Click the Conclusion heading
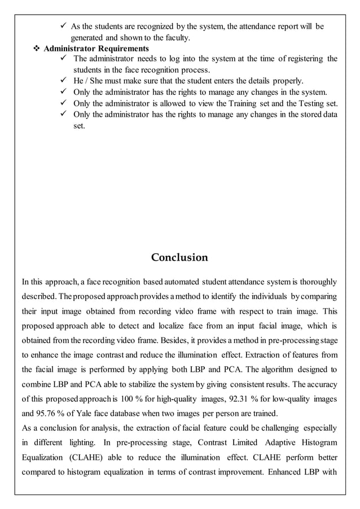click(x=179, y=258)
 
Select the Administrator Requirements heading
click(x=96, y=49)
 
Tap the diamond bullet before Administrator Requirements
click(x=37, y=49)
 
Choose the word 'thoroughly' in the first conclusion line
click(x=317, y=281)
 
